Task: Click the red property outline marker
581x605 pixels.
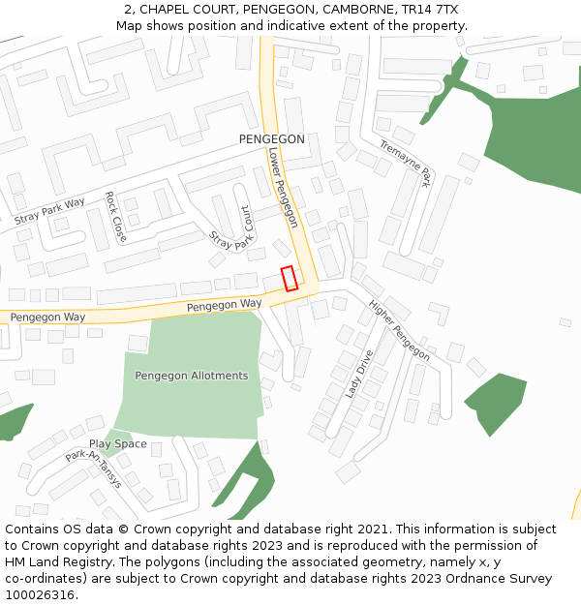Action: tap(289, 278)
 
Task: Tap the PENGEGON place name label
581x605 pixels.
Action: tap(271, 139)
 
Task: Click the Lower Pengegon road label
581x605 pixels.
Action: tap(283, 188)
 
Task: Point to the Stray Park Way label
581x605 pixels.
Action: tap(50, 211)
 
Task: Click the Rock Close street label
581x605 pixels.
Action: tap(115, 216)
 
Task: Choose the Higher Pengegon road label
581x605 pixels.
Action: tap(399, 330)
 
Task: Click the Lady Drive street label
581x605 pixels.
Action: tap(359, 374)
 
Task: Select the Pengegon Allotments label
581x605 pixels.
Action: tap(191, 376)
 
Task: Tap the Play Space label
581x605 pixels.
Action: tap(118, 444)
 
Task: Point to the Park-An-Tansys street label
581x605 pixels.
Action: tap(94, 468)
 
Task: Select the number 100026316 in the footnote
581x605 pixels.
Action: tap(41, 595)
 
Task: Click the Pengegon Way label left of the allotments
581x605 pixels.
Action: tap(47, 317)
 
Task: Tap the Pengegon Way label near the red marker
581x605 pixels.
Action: tap(225, 304)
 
